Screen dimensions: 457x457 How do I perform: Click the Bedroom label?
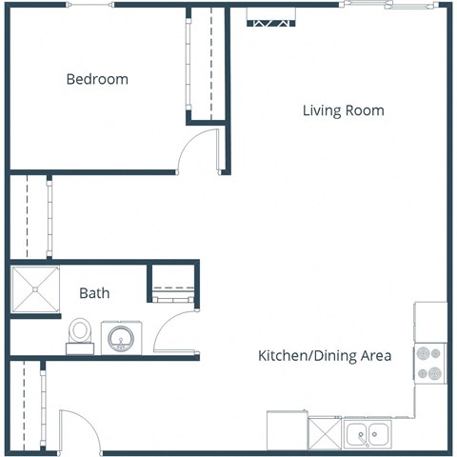coord(96,79)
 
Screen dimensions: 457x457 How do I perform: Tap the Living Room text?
coord(343,110)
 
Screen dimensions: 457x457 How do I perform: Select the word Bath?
coord(94,293)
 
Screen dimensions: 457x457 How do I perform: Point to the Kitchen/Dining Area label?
coord(325,356)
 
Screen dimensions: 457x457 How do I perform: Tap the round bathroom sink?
coord(122,337)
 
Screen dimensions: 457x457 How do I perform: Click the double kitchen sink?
coord(367,434)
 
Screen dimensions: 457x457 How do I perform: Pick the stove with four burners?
coord(429,363)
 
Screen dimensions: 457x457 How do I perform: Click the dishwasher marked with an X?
coord(324,434)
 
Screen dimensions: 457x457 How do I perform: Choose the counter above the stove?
coord(429,322)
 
